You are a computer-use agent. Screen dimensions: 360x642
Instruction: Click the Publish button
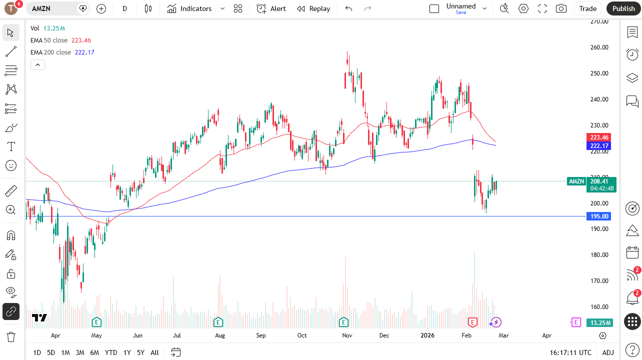(x=623, y=8)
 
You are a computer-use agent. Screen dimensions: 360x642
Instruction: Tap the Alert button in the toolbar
(x=271, y=8)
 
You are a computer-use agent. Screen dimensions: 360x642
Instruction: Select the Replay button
(x=313, y=8)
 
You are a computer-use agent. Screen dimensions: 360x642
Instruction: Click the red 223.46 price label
(x=599, y=137)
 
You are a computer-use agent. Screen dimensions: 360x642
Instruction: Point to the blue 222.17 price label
(x=599, y=146)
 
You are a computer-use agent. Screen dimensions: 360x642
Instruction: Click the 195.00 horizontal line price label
(x=599, y=216)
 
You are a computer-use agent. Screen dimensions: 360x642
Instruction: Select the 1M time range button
(x=65, y=352)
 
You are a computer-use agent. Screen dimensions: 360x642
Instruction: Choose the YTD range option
(x=111, y=352)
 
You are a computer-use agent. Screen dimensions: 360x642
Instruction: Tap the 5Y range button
(x=141, y=352)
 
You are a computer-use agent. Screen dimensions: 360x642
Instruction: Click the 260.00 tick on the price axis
(x=599, y=47)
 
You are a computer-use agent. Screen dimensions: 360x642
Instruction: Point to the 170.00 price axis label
(x=599, y=281)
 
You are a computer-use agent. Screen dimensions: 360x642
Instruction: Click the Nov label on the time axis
(x=347, y=335)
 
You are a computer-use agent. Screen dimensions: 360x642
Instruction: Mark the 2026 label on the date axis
(x=427, y=335)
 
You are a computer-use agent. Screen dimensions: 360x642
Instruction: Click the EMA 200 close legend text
(x=51, y=52)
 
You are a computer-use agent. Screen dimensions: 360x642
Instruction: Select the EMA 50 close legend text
(x=49, y=40)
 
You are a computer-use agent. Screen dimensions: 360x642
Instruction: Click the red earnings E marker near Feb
(x=472, y=322)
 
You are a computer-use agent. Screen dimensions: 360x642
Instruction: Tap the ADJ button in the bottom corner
(x=608, y=352)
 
